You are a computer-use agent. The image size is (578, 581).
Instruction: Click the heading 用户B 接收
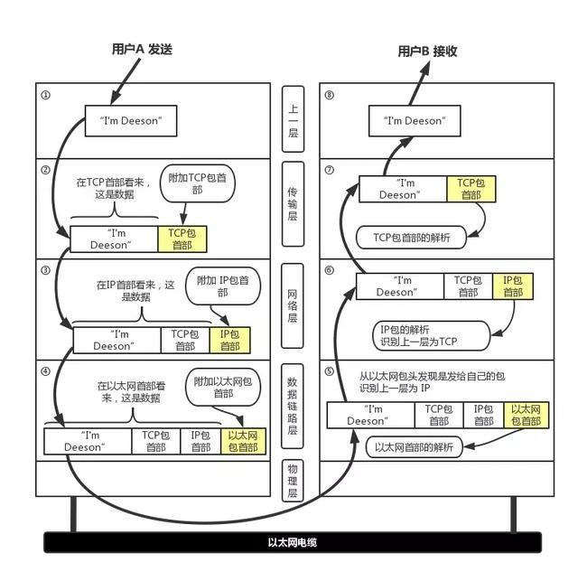click(x=428, y=52)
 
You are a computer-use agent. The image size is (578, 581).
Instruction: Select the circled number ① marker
click(x=46, y=94)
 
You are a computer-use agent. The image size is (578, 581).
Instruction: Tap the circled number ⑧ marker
click(x=329, y=94)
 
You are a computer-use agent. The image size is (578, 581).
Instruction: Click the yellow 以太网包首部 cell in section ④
click(x=243, y=441)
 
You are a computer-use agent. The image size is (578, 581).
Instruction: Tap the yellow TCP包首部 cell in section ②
click(x=182, y=239)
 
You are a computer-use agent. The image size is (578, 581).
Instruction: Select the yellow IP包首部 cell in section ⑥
click(x=512, y=286)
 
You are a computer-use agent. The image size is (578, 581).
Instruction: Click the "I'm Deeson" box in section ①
click(x=130, y=121)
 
